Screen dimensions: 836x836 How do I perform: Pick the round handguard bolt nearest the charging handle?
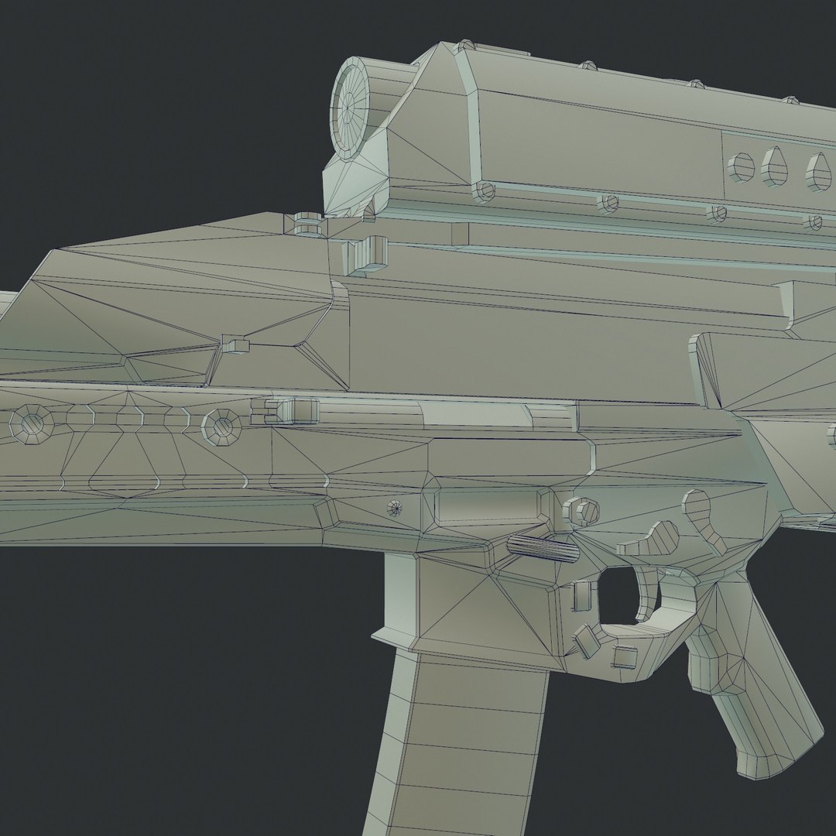[x=221, y=423]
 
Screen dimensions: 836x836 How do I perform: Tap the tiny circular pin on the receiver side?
[x=395, y=508]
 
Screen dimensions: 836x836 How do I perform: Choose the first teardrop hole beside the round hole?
[x=775, y=167]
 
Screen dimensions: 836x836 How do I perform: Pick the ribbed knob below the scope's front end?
[x=308, y=224]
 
